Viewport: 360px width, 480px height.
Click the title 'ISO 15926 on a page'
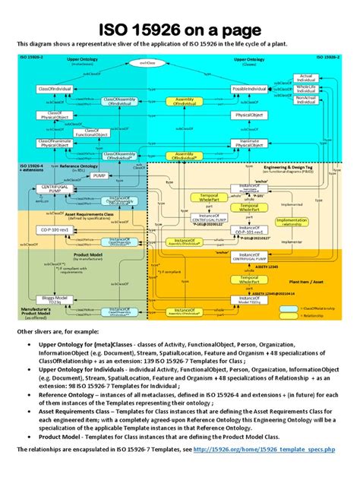[179, 30]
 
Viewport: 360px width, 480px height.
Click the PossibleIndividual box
[252, 90]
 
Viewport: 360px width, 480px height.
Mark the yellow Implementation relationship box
[292, 221]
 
